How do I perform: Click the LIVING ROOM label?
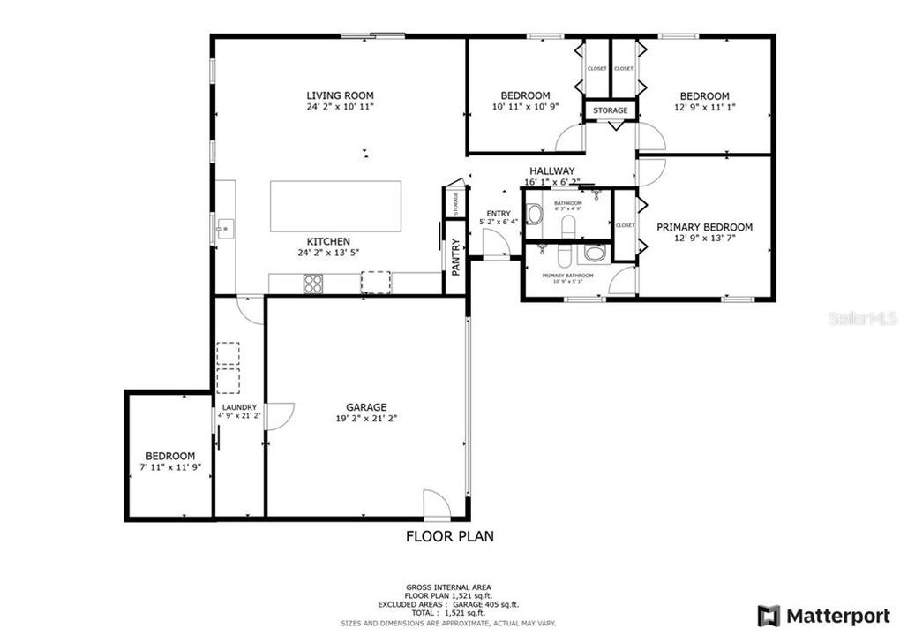tap(340, 95)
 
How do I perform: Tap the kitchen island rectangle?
tap(335, 206)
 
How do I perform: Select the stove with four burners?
tap(313, 284)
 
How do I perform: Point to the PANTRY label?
tap(456, 261)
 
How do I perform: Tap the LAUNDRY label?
tap(238, 407)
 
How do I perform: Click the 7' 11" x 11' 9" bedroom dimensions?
tap(170, 468)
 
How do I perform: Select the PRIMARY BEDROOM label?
tap(704, 227)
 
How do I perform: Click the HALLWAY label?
tap(552, 171)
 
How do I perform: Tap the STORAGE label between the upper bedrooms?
tap(610, 110)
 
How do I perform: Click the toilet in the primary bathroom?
tap(594, 254)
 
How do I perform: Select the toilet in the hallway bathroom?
tap(535, 214)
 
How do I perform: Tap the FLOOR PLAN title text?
tap(449, 535)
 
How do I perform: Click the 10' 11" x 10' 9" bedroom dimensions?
tap(525, 107)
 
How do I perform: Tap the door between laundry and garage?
tap(278, 416)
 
